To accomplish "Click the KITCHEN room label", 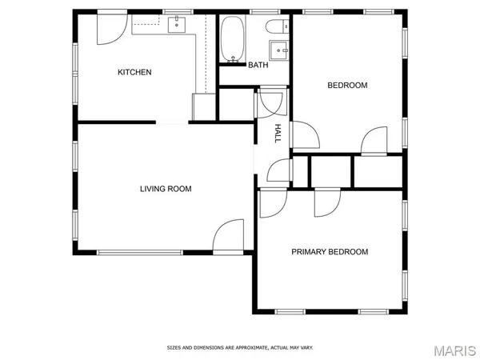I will point(134,72).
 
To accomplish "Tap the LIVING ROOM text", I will point(166,189).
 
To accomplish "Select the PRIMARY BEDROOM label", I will point(330,251).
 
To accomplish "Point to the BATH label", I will point(258,65).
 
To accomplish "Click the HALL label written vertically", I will point(278,133).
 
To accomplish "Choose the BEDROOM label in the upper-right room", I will point(347,85).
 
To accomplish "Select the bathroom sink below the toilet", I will point(280,50).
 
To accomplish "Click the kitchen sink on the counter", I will point(178,25).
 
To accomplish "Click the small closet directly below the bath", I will point(235,104).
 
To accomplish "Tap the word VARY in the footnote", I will point(306,348).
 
